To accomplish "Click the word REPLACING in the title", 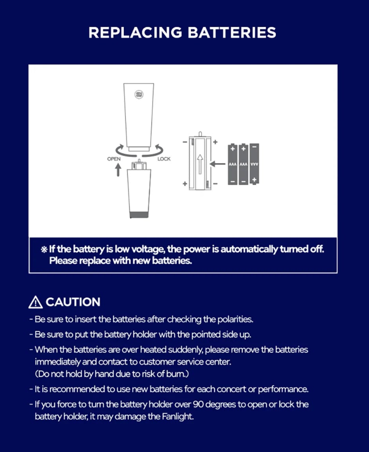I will (x=135, y=32).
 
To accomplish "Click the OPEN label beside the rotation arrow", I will (x=114, y=159).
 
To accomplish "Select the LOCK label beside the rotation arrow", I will (x=164, y=159).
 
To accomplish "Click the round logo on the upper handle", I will (x=139, y=94).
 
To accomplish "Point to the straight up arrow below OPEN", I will (x=118, y=170).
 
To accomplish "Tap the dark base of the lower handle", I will (x=139, y=215).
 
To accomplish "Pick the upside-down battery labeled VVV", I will (x=254, y=164).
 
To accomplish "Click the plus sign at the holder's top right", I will (x=215, y=142).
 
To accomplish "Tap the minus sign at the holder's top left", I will (x=185, y=142).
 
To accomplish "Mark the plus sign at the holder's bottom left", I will (x=185, y=184).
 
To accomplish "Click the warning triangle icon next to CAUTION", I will (x=35, y=302).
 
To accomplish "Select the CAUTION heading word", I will (x=73, y=302).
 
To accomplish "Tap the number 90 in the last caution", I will (x=198, y=404).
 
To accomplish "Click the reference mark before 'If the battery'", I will (x=44, y=250).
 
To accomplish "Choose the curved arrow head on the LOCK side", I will (x=158, y=147).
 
